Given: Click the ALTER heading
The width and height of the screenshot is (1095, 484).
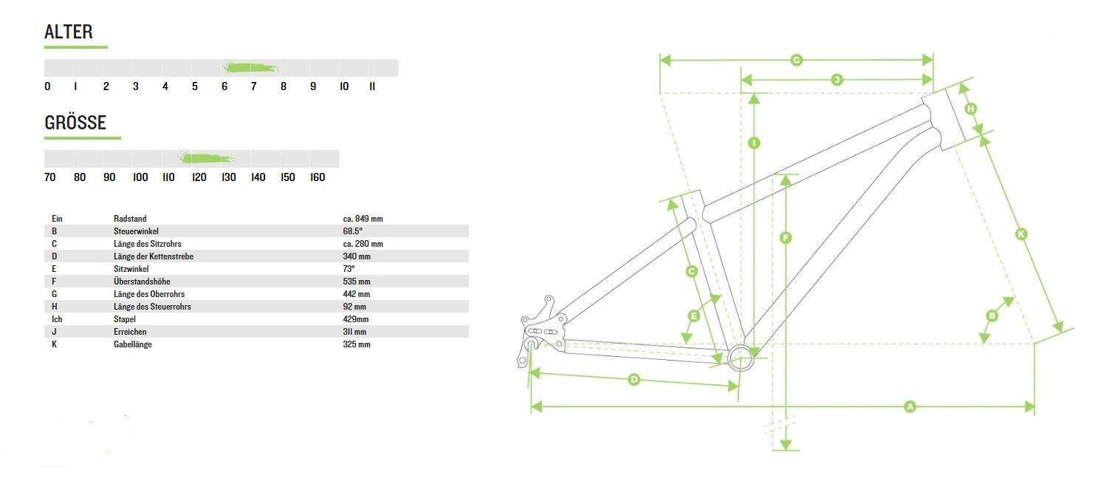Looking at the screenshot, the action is [69, 32].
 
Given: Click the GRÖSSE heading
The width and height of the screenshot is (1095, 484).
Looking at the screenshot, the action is [75, 123].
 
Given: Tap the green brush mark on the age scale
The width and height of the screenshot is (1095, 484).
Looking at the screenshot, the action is [251, 67].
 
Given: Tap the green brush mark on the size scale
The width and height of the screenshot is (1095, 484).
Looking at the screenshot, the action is [206, 158].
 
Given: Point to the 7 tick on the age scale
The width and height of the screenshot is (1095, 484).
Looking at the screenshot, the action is [254, 86].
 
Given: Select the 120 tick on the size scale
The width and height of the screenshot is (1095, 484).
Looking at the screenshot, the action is [199, 177].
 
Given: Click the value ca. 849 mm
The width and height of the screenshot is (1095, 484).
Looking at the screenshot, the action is [363, 219].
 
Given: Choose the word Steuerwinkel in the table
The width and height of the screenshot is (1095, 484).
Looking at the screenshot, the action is [136, 231].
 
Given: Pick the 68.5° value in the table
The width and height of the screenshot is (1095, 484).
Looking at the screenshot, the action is [352, 231].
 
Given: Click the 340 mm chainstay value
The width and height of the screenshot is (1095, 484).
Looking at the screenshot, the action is [357, 256].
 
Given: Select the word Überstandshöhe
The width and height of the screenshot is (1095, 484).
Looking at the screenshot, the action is [142, 282].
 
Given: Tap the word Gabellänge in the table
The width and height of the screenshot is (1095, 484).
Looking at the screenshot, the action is [132, 344].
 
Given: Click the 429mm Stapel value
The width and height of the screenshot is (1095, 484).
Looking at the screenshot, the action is [355, 319].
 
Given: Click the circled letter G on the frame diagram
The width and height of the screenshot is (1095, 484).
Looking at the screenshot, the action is [796, 60].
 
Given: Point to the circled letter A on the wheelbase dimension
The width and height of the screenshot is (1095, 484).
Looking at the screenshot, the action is [910, 406].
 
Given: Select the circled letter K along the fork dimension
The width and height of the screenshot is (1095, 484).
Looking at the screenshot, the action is [1021, 234].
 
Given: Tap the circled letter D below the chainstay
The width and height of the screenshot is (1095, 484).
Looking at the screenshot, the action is [634, 379].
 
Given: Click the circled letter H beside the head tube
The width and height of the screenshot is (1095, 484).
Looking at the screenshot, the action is [971, 109].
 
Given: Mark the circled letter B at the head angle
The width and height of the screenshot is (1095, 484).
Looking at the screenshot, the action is [992, 316].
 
